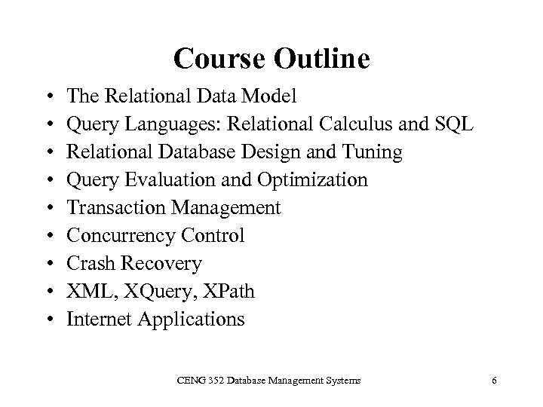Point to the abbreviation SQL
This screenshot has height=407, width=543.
(454, 124)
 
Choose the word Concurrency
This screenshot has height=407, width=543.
(120, 236)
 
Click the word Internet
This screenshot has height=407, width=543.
(97, 319)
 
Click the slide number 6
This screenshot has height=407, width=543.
(493, 381)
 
